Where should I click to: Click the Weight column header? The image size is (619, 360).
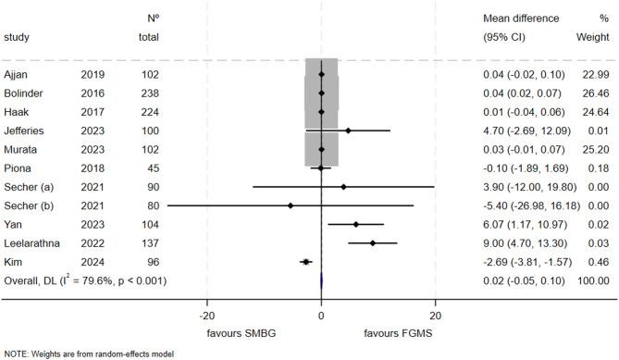click(x=596, y=37)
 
